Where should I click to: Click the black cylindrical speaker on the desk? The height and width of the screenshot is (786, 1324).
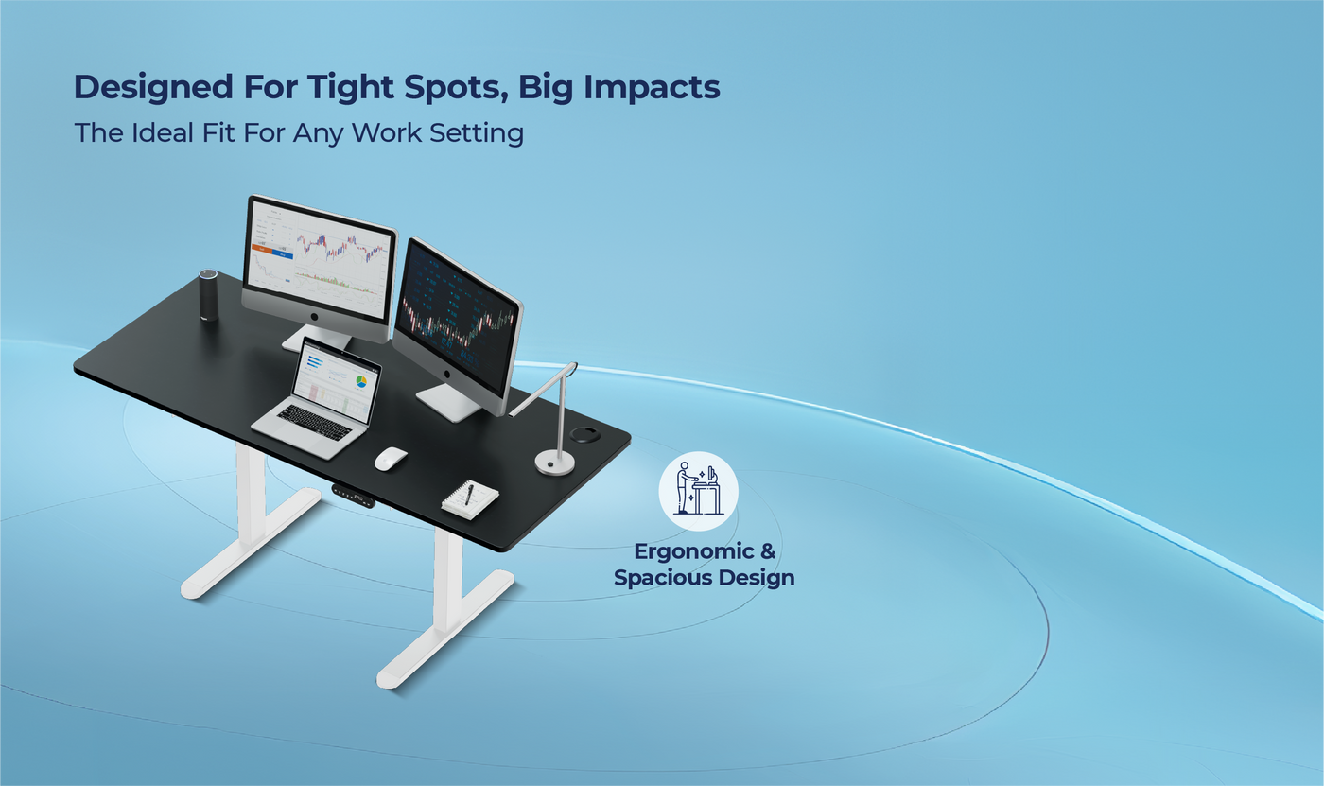208,295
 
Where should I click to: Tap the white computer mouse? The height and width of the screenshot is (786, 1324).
390,459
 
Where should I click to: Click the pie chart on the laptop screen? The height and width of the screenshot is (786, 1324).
360,381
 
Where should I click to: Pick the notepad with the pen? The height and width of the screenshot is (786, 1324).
470,498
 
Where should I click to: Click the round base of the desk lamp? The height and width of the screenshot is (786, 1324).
555,462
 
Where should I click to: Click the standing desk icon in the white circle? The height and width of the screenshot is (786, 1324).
698,490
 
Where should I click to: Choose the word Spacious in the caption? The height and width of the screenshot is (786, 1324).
658,577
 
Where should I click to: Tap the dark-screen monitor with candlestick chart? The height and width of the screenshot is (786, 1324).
458,317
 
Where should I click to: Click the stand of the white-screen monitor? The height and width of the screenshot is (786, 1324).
318,337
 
